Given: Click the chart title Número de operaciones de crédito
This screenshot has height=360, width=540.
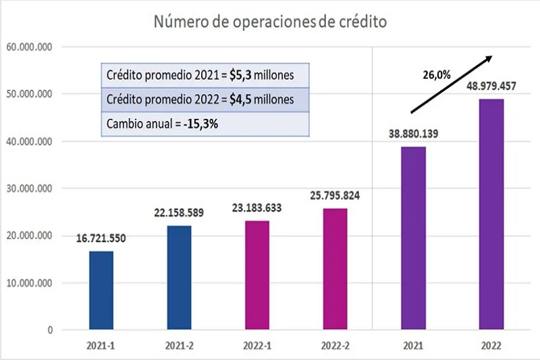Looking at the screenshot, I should point(270,22).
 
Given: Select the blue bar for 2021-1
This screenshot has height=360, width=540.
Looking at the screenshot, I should point(101,290).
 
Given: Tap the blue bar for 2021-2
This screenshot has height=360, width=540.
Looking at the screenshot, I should point(179,278).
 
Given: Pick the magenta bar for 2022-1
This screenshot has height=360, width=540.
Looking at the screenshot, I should point(257,275).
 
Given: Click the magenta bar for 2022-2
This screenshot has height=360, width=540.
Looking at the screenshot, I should point(335,269).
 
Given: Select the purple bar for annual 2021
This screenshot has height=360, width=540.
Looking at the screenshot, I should point(413,238).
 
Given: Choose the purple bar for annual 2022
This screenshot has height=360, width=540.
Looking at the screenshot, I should point(491,214).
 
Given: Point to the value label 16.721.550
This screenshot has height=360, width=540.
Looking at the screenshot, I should point(102,238).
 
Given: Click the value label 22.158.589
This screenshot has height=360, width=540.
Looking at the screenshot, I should point(179,213).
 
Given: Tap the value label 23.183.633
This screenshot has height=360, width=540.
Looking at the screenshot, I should point(257,208).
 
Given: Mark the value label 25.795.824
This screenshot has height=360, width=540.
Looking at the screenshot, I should point(335,195).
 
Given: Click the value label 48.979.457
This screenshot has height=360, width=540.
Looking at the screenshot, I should point(491,86).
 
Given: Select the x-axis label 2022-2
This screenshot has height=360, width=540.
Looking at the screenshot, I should point(335,346).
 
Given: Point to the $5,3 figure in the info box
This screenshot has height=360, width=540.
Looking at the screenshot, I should point(238,74).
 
